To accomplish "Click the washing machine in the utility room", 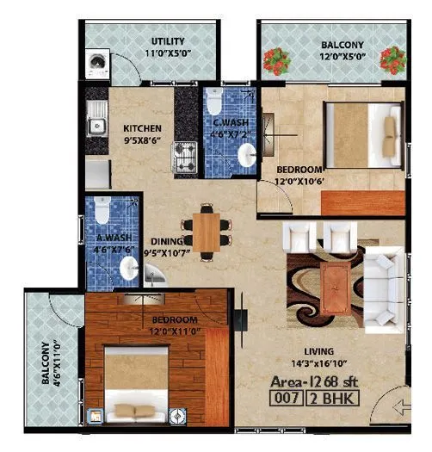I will coord(96,64).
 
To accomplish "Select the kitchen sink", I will coord(96,115).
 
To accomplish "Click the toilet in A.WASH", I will coord(102,211).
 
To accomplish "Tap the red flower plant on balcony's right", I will coord(392,60).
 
